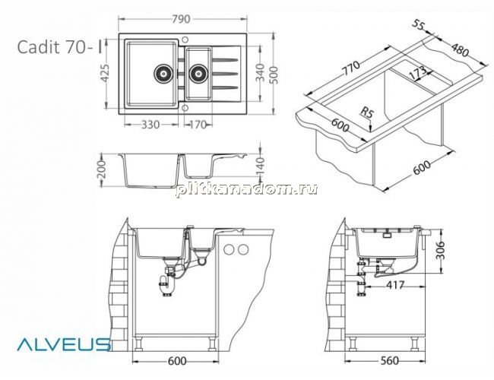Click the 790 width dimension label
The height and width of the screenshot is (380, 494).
pos(181,19)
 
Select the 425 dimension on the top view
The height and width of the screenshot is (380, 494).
pos(105,73)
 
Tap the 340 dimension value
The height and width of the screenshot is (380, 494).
pos(260,72)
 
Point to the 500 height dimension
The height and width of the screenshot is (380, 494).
pos(274,74)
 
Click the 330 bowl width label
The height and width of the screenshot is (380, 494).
pos(150,125)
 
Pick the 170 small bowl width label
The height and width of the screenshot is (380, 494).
pos(198,125)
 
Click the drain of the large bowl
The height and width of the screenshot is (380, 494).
pos(163,74)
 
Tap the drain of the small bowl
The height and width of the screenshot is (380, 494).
pos(198,74)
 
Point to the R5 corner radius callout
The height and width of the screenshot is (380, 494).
pos(367,112)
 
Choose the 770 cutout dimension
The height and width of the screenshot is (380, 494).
pos(351,68)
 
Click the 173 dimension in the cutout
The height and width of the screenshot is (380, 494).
pos(418,73)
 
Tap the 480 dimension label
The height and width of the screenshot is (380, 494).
pos(460,50)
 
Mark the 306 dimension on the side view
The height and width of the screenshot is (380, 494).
pos(441,251)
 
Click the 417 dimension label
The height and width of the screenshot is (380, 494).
pos(394,285)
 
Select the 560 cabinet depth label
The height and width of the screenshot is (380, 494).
pos(389,361)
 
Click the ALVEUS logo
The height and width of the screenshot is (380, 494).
pos(64,344)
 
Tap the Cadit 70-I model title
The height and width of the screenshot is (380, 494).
pos(60,47)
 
